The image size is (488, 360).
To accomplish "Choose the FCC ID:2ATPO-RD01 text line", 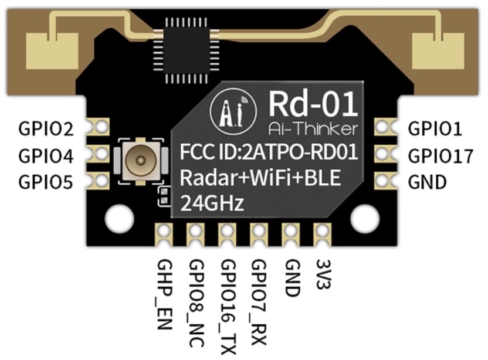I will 269,151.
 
